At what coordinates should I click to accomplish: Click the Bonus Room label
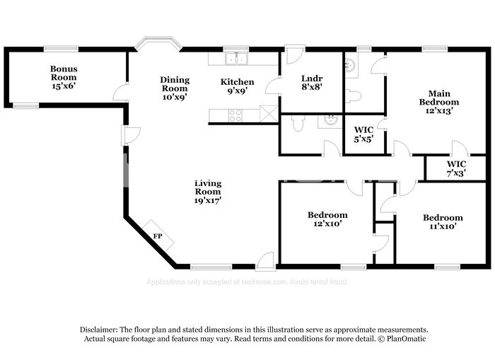63,77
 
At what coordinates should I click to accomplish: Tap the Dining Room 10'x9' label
174,89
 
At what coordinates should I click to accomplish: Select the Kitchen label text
237,86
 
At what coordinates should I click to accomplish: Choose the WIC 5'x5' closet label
363,134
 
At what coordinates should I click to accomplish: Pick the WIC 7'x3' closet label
456,168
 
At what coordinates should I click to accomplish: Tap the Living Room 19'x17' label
208,191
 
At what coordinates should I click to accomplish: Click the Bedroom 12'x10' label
327,219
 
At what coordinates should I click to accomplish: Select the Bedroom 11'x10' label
443,221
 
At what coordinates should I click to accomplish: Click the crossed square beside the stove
269,113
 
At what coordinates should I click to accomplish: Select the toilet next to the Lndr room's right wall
354,95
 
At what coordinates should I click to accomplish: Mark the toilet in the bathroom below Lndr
298,122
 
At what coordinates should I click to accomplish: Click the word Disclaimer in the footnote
98,330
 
